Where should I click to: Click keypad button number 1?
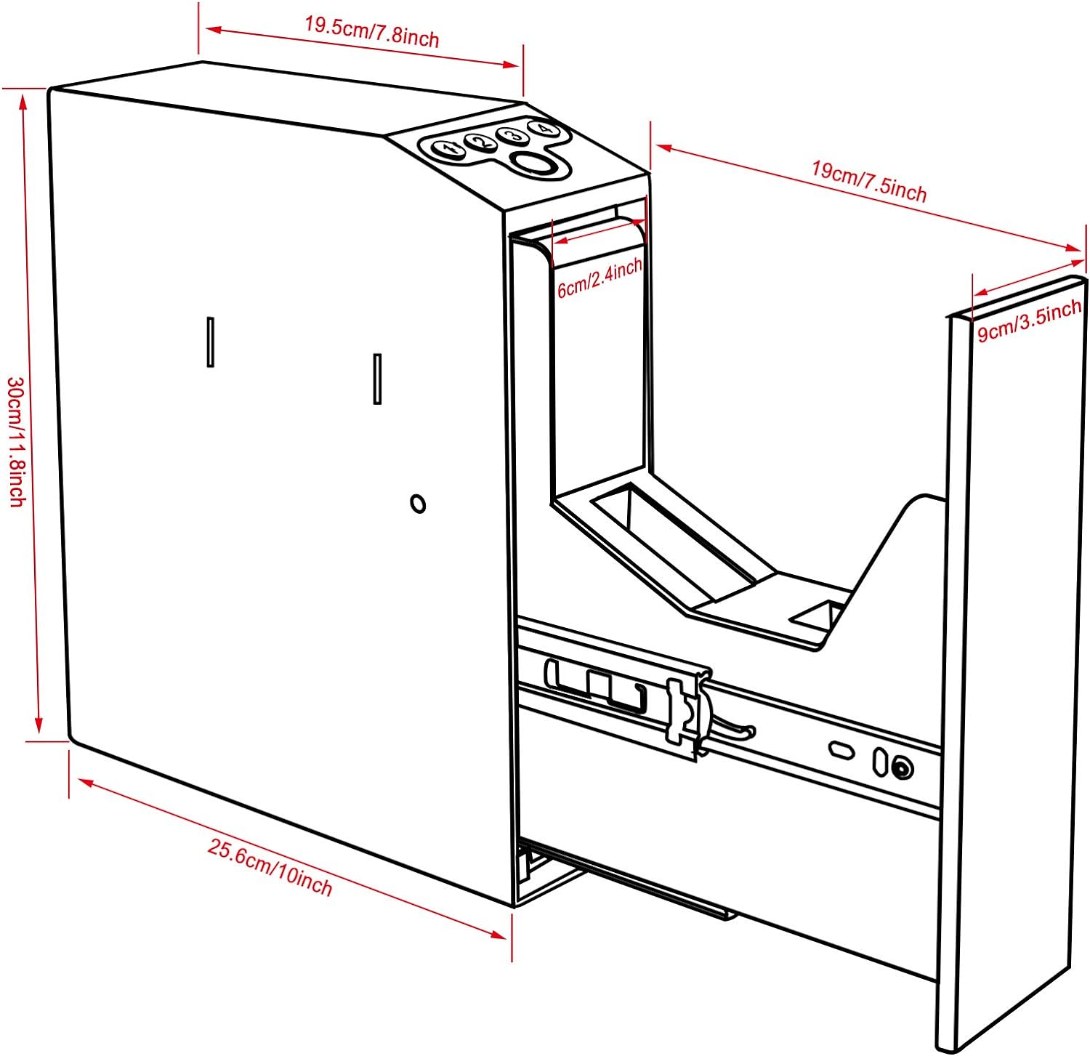click(x=448, y=150)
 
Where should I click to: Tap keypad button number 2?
click(x=480, y=142)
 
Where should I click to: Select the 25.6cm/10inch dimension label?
click(x=270, y=867)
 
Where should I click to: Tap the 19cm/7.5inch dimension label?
click(x=868, y=181)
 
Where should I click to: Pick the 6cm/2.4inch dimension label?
click(x=599, y=278)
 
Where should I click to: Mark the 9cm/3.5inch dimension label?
click(x=1029, y=321)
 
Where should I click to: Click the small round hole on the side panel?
click(x=418, y=503)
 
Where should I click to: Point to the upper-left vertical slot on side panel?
click(x=211, y=342)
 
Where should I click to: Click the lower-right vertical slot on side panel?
click(x=377, y=378)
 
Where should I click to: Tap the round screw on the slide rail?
click(x=903, y=768)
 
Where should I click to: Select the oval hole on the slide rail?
click(x=842, y=749)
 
